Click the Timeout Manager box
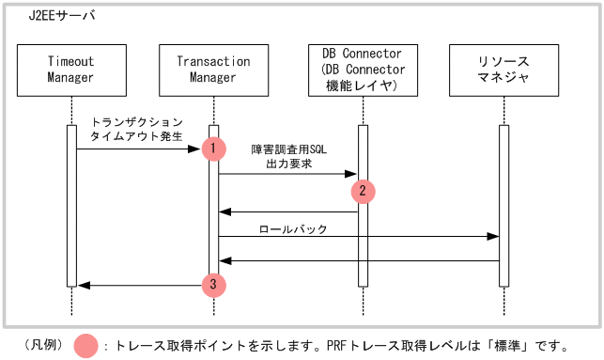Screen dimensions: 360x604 [x=70, y=70]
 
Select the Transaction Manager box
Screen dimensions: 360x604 [x=213, y=70]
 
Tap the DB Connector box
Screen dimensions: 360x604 [x=362, y=70]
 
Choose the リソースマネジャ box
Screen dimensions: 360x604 [x=503, y=70]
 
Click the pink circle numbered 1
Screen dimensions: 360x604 [x=214, y=149]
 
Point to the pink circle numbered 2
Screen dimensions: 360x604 [x=362, y=191]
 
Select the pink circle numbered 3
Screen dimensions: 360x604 [x=214, y=284]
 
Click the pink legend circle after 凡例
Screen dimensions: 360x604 [x=85, y=345]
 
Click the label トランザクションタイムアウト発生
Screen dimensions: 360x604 [x=136, y=129]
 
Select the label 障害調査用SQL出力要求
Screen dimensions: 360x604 [x=289, y=156]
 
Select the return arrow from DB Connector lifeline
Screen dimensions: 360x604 [x=287, y=212]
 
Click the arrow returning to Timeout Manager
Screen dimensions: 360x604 [x=141, y=285]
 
